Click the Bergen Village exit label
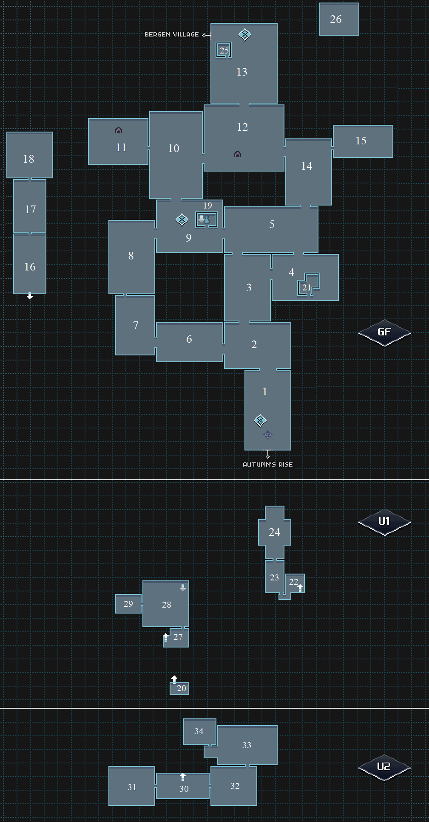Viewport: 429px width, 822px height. coord(172,34)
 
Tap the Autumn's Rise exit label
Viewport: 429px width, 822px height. coord(268,464)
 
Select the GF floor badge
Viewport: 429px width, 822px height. coord(384,332)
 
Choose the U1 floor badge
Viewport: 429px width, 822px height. coord(384,522)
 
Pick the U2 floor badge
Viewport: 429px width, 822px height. coord(384,767)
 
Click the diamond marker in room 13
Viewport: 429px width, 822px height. coord(245,34)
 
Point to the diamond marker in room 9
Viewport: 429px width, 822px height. coord(182,220)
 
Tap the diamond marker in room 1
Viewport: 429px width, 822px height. coord(260,420)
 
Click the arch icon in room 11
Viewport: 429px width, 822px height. coord(119,130)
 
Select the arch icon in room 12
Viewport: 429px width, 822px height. coord(238,154)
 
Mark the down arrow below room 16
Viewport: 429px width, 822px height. coord(30,296)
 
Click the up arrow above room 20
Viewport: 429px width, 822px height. coord(174,679)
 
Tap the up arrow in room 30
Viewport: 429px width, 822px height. coord(183,777)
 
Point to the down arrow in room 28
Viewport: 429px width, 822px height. coord(183,588)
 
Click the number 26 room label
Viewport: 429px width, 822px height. coord(336,19)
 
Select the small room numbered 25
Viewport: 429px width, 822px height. coord(224,50)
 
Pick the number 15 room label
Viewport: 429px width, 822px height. coord(361,141)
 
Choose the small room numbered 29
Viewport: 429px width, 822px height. coord(128,604)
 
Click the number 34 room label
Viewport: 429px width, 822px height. coord(199,731)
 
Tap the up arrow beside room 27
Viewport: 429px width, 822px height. coord(166,637)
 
